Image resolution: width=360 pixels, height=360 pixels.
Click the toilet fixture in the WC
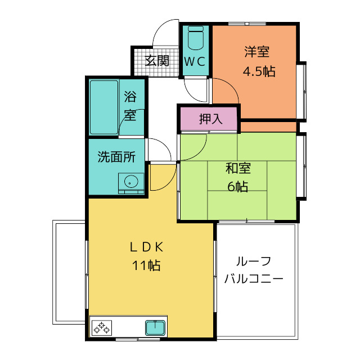(195, 38)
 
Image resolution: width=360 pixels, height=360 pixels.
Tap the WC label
(195, 61)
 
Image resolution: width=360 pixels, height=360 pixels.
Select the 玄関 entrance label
(157, 61)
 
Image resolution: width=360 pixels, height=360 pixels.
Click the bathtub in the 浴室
(104, 107)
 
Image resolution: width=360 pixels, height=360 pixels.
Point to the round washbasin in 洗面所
(131, 181)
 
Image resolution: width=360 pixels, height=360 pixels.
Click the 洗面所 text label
(116, 157)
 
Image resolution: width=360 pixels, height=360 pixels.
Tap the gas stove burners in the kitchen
(102, 327)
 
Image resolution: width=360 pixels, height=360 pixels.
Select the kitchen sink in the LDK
(155, 328)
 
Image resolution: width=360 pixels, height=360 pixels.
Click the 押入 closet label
(210, 119)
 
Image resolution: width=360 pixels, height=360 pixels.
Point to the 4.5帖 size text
(259, 71)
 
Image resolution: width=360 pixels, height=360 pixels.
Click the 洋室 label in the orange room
(257, 52)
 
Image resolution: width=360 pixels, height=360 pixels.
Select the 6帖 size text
(237, 186)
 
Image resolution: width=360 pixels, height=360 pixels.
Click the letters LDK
(147, 247)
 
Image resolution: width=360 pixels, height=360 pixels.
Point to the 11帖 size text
(146, 265)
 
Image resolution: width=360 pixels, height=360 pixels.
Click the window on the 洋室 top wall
(247, 24)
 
